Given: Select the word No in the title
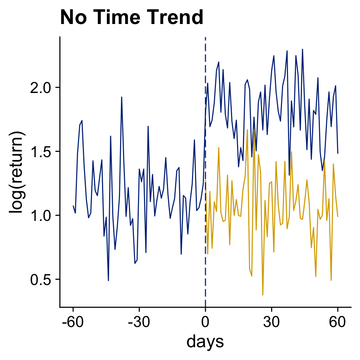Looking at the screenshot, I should pos(72,18).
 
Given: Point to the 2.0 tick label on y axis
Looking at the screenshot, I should pos(42,88).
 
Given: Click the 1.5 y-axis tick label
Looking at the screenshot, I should pos(42,151).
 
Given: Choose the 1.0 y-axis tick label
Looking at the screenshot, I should pos(42,215).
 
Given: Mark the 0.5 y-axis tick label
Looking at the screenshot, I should pos(42,279).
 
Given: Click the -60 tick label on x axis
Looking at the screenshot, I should pos(73,322).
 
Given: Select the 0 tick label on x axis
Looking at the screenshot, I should pos(205,322).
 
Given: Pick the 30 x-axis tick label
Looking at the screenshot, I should pos(271,322).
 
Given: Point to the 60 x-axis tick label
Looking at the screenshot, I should pos(337,322).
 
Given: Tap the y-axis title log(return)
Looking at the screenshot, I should pos(18,172).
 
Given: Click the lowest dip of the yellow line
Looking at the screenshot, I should pos(263,295).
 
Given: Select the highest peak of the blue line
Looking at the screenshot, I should pos(302,49).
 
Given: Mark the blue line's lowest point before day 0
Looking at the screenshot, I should pos(108,280).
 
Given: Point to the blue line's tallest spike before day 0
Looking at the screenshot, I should pos(121,97).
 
